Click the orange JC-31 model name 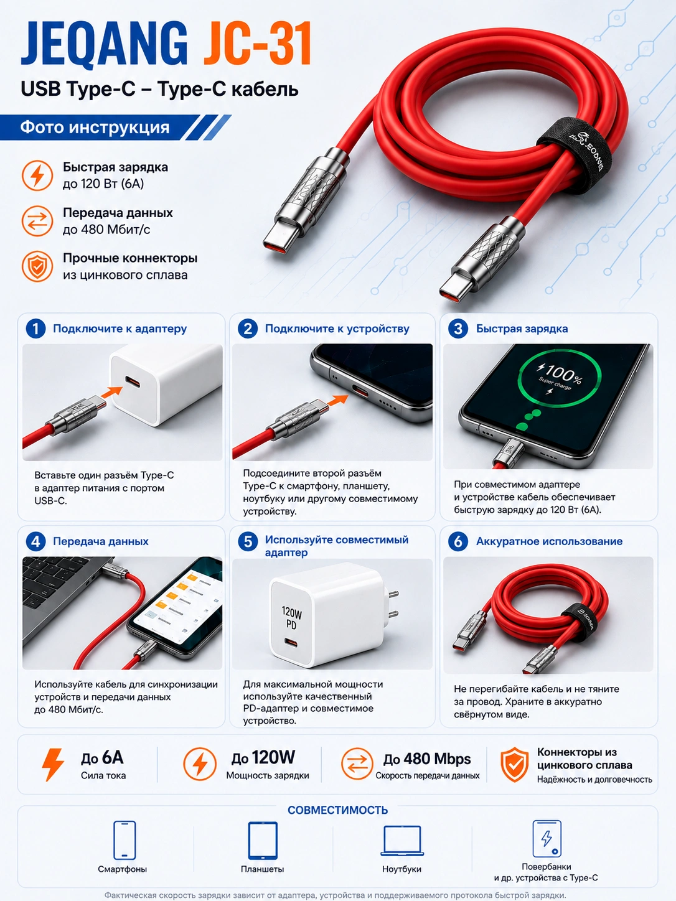click(x=258, y=44)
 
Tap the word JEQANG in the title click(x=105, y=44)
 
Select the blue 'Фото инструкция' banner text click(x=95, y=128)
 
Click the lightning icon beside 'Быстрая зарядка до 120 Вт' click(x=37, y=175)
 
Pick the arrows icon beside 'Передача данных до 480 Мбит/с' click(x=37, y=222)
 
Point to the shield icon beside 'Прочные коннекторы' click(x=37, y=266)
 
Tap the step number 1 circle click(x=35, y=329)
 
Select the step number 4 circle click(x=35, y=541)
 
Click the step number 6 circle click(x=458, y=541)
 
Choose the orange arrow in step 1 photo click(x=111, y=392)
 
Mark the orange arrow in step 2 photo click(x=338, y=400)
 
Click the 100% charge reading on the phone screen click(x=560, y=373)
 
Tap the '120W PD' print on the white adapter click(x=291, y=618)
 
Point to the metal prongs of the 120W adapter click(x=392, y=605)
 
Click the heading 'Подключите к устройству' click(x=337, y=329)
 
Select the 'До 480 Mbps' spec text click(x=427, y=759)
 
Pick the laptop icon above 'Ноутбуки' click(x=402, y=841)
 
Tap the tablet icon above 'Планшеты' click(x=263, y=840)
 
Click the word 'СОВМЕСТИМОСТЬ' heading click(x=338, y=810)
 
